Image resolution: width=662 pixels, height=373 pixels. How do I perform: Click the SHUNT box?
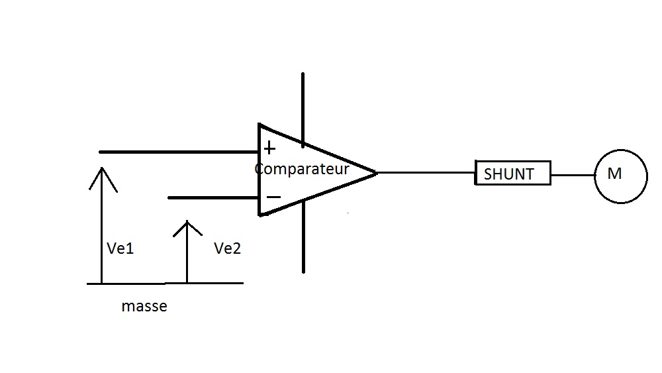tap(513, 174)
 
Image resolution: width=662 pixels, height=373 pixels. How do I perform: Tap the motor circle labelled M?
tap(620, 176)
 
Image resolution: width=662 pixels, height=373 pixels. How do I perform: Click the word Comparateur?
tap(302, 168)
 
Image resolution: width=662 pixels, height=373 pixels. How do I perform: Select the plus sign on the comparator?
tap(269, 148)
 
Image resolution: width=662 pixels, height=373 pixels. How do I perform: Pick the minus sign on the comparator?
tap(273, 197)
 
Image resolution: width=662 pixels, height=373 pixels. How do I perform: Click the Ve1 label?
tap(120, 248)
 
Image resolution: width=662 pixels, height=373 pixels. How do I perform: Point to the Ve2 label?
tap(227, 248)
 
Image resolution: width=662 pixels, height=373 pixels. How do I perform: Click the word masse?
tap(144, 307)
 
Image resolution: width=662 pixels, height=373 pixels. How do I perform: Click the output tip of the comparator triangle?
tap(375, 172)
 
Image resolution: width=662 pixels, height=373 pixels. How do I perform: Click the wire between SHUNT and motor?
tap(572, 176)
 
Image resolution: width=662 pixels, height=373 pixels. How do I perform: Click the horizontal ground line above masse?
tap(165, 284)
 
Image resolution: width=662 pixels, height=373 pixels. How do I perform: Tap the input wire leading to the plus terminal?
tap(179, 152)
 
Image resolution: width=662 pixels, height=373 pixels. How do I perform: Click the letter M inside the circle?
tap(614, 174)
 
